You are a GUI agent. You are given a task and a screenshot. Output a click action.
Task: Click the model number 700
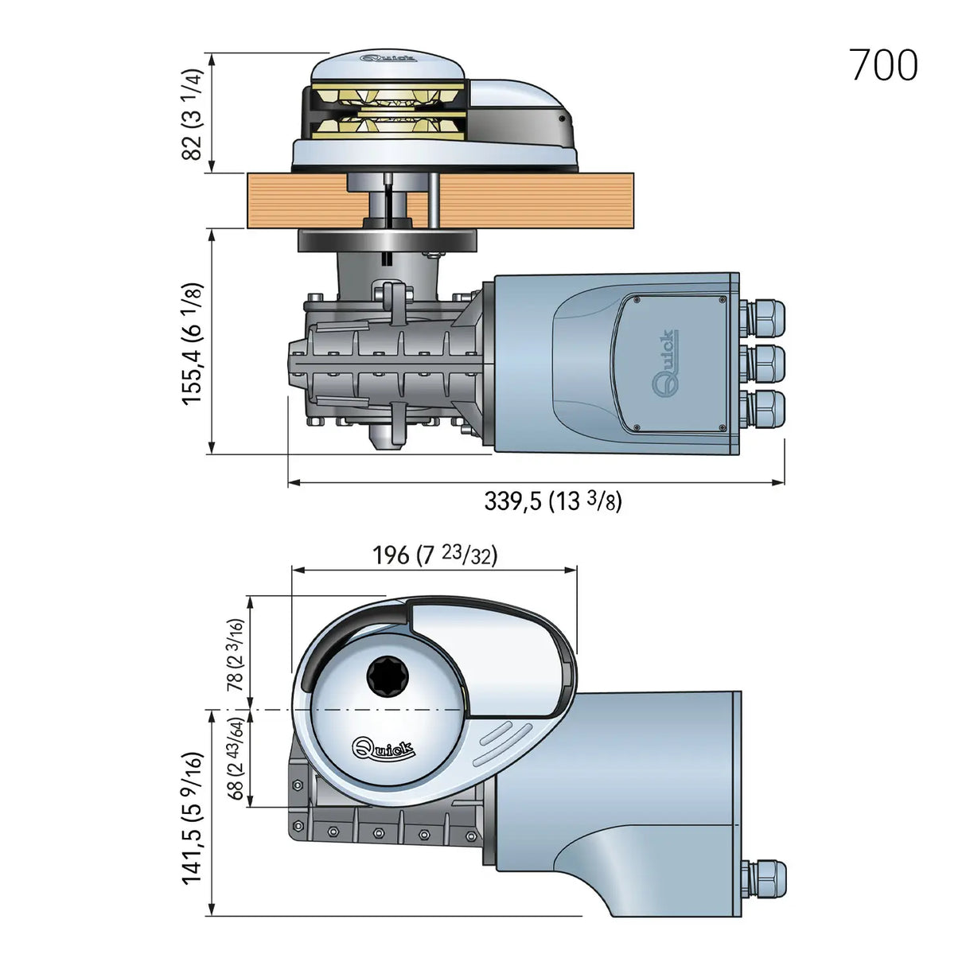884,65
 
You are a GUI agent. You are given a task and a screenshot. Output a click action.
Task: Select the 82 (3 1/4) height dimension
193,113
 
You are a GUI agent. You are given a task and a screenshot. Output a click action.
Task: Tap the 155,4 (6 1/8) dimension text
193,342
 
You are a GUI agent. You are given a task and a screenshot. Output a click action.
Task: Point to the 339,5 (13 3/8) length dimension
552,501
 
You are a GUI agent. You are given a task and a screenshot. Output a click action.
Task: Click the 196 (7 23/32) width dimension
434,554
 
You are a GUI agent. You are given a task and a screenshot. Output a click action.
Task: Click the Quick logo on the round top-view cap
383,749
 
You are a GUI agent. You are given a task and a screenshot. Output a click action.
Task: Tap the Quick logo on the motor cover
665,363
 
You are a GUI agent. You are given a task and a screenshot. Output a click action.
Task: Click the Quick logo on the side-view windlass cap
388,58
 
